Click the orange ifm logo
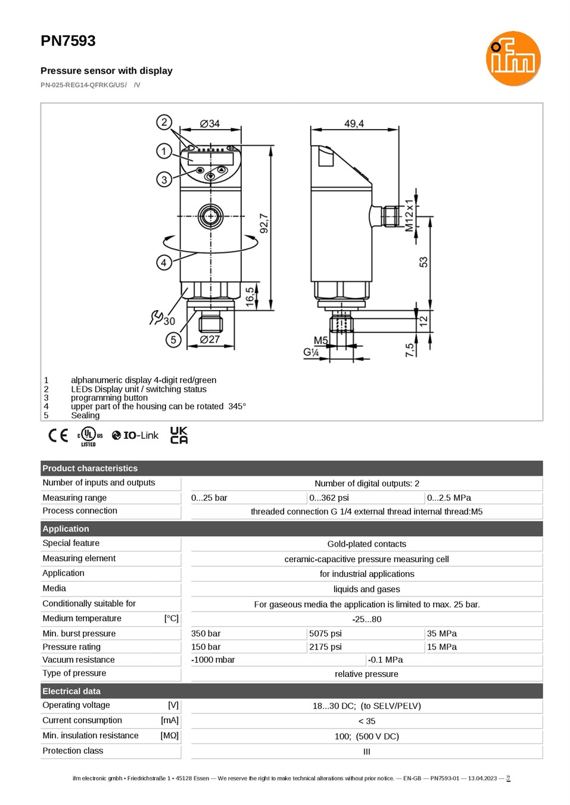513,58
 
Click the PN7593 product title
68,40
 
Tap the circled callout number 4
164,263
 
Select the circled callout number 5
173,339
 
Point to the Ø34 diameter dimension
210,124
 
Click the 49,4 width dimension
354,124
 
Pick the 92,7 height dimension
264,223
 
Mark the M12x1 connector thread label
409,216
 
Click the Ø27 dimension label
210,339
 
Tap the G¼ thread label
311,352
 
